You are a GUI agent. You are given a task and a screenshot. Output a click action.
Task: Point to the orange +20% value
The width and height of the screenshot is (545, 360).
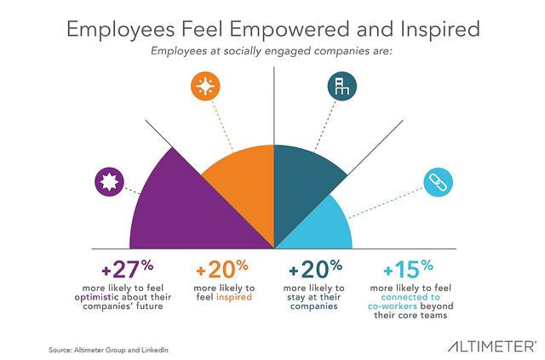click(x=222, y=271)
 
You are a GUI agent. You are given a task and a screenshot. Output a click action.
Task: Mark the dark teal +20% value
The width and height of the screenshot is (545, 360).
click(x=316, y=271)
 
